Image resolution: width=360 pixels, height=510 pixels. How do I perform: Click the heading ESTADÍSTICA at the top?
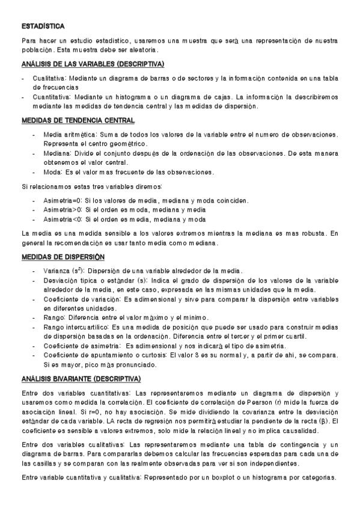[x=43, y=26]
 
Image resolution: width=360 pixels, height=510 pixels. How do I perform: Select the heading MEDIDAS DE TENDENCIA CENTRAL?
[x=78, y=121]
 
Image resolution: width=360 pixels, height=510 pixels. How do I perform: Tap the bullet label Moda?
[x=52, y=172]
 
